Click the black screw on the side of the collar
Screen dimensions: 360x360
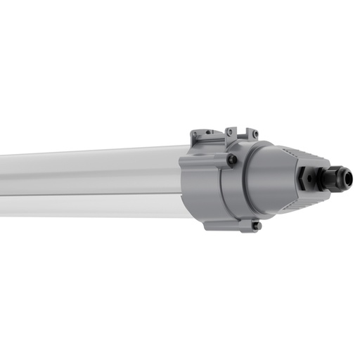pos(232,160)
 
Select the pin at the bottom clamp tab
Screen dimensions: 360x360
pos(257,226)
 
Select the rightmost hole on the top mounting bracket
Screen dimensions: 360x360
pos(255,134)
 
